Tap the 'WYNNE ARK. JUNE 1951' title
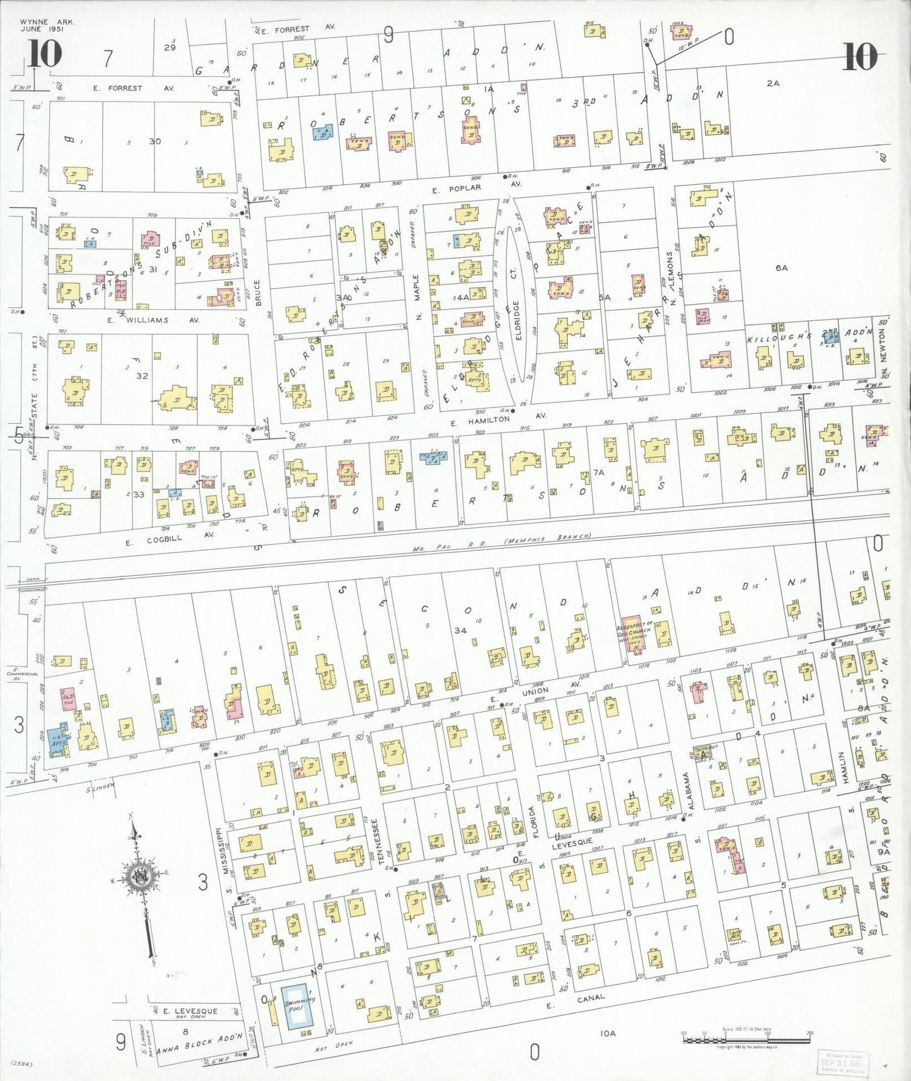47,25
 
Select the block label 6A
781,268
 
